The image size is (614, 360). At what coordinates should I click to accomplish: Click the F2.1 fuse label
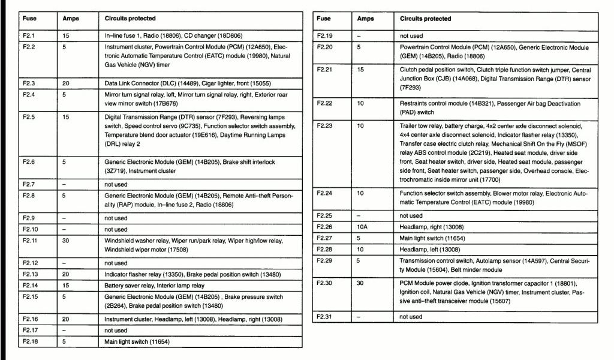point(29,36)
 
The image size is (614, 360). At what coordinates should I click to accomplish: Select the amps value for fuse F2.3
point(66,83)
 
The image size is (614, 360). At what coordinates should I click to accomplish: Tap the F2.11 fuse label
point(31,241)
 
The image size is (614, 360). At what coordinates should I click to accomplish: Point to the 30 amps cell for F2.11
point(66,241)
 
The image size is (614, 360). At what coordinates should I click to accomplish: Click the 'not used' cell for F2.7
point(116,184)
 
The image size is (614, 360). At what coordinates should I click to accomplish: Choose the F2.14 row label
point(31,286)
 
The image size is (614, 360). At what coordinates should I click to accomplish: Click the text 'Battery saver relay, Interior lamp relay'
point(154,286)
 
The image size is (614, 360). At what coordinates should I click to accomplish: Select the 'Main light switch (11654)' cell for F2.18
point(137,342)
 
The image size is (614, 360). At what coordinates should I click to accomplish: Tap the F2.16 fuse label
point(31,319)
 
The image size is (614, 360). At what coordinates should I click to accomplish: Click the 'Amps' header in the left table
point(71,19)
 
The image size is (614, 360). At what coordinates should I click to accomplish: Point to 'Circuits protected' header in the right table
point(425,19)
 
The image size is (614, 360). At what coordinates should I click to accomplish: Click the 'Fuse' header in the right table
point(324,19)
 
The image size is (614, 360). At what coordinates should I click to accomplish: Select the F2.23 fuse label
point(325,126)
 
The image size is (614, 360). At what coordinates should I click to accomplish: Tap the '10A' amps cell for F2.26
point(363,227)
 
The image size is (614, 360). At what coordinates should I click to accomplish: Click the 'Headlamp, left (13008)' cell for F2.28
point(430,249)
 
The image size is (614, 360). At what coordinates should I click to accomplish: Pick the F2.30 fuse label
point(325,283)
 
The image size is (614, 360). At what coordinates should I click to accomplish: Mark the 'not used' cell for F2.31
point(411,316)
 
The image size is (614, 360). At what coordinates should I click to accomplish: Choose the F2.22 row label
point(325,104)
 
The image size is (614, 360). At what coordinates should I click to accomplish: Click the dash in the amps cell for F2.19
point(359,36)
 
